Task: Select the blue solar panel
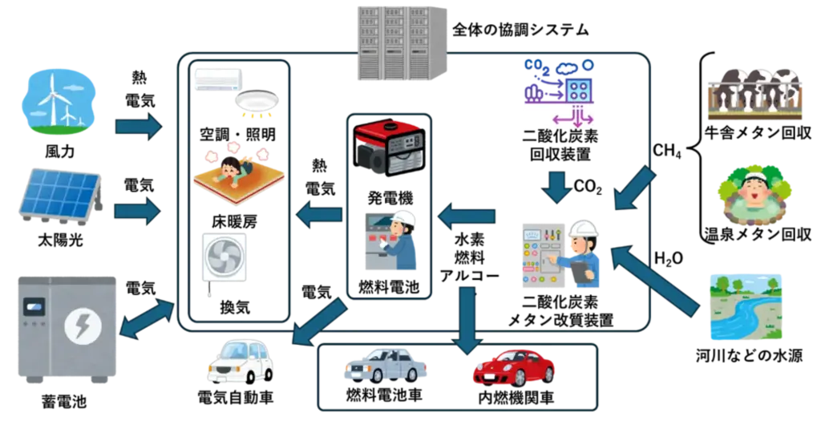coord(60,195)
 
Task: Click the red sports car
coord(514,367)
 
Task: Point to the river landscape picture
coord(746,307)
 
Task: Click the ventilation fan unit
coord(224,258)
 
